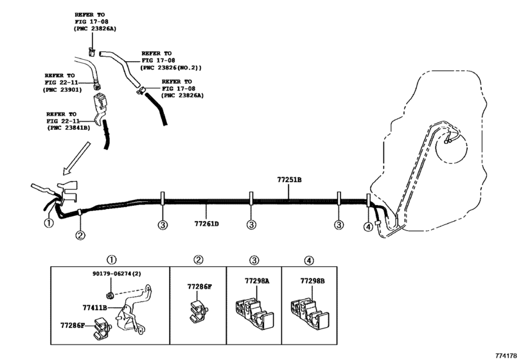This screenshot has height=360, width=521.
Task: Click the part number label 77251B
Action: pyautogui.click(x=289, y=180)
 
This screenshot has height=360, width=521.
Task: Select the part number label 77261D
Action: pyautogui.click(x=207, y=224)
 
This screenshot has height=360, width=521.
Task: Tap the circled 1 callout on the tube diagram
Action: pyautogui.click(x=49, y=222)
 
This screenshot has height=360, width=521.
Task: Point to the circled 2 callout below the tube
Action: pyautogui.click(x=80, y=235)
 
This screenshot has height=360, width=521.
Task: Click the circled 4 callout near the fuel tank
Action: pyautogui.click(x=368, y=227)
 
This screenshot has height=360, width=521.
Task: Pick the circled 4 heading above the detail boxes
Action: pyautogui.click(x=309, y=260)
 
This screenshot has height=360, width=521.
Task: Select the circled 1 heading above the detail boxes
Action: pyautogui.click(x=111, y=260)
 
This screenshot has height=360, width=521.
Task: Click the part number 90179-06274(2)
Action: pyautogui.click(x=117, y=274)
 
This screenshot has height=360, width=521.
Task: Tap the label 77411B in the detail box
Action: pyautogui.click(x=94, y=308)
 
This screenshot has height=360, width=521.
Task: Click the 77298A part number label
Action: pyautogui.click(x=257, y=281)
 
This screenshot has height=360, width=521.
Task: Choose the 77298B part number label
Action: pyautogui.click(x=313, y=281)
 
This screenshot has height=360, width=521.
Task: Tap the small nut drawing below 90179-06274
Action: pyautogui.click(x=110, y=294)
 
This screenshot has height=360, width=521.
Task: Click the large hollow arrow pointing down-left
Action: pyautogui.click(x=76, y=159)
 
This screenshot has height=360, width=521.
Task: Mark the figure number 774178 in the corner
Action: pyautogui.click(x=506, y=355)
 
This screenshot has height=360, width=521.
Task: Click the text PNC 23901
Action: pyautogui.click(x=64, y=90)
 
